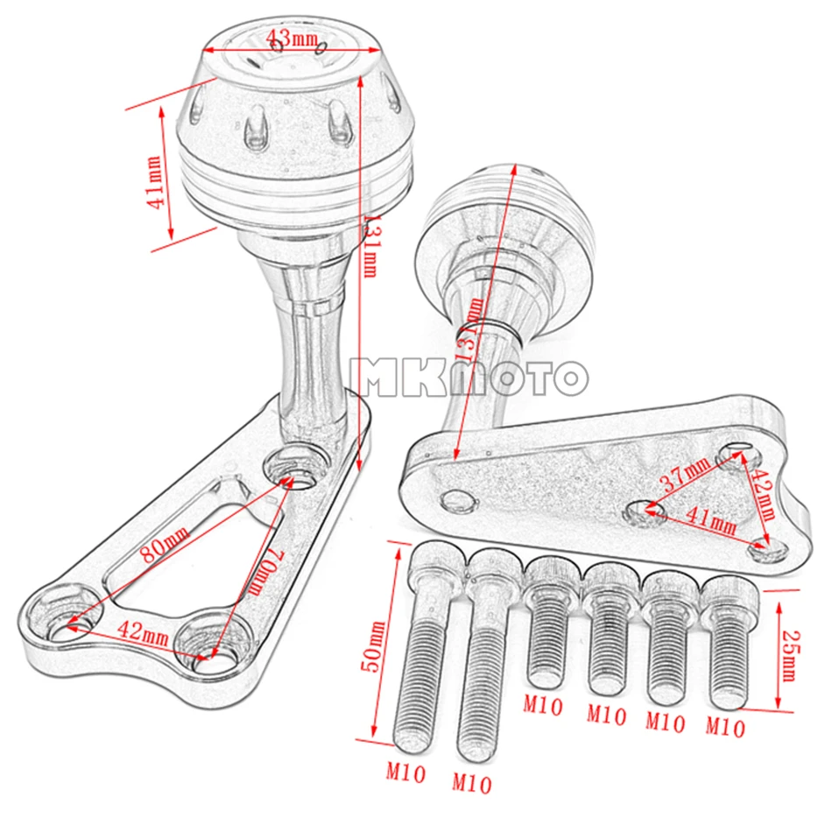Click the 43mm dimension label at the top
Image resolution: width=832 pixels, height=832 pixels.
point(291,39)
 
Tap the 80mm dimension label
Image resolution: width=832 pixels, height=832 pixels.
point(165,543)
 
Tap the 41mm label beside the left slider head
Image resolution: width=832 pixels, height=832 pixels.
point(154,183)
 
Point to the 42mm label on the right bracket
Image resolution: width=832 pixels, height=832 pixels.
point(764,493)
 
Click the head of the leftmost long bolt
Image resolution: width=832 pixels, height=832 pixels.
point(438,565)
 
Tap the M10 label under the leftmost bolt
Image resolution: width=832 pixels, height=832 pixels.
point(405,772)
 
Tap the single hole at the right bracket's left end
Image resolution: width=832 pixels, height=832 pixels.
point(458,500)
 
